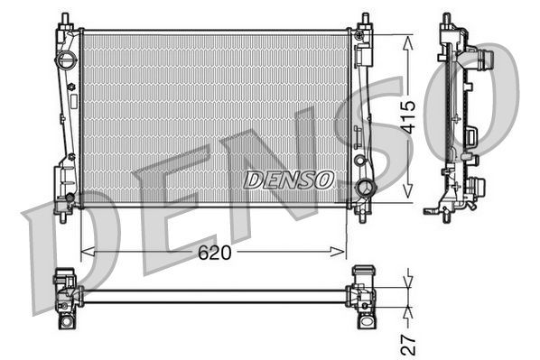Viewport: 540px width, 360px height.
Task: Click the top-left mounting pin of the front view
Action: [x=66, y=20]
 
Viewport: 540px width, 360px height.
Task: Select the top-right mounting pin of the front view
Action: [x=365, y=20]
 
